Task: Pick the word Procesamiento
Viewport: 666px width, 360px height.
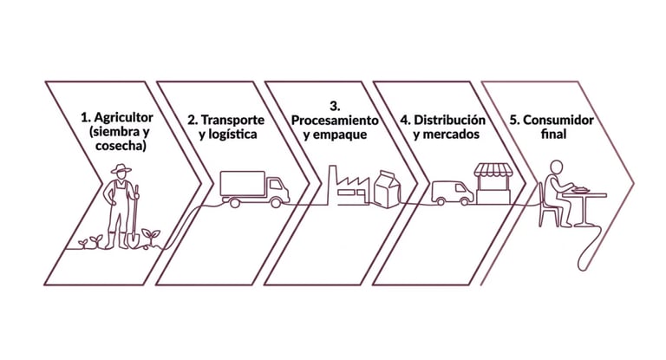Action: [x=334, y=119]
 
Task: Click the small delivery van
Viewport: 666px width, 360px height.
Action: [x=452, y=193]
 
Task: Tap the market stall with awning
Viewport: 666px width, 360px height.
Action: [x=494, y=183]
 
